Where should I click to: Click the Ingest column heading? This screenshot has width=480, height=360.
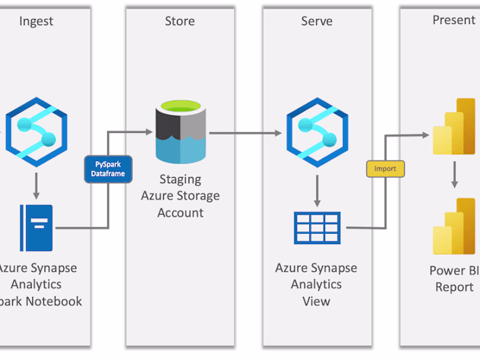[36, 21]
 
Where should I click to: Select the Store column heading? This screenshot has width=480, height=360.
[180, 21]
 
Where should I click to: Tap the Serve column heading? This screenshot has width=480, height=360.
[317, 21]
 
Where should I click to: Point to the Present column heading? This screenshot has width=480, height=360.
[453, 20]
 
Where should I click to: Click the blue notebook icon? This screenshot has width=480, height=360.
[36, 227]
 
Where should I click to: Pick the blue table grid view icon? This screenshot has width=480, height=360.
[317, 228]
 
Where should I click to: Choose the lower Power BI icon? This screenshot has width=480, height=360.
[454, 226]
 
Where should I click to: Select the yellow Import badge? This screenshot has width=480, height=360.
[385, 169]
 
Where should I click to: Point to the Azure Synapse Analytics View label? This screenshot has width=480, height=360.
[317, 284]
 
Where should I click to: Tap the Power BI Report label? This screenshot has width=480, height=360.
[454, 278]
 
